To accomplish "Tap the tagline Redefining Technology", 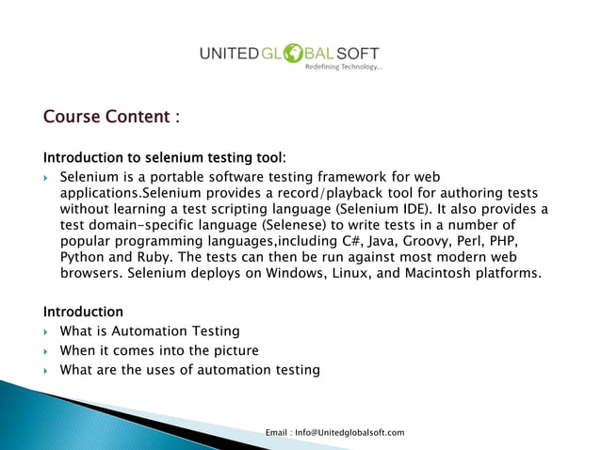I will click(343, 68).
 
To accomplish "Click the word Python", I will click(82, 257).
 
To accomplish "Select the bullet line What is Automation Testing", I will click(150, 331).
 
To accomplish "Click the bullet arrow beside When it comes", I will click(47, 351).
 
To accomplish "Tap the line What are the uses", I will click(189, 370).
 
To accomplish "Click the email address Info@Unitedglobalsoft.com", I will click(349, 432).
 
